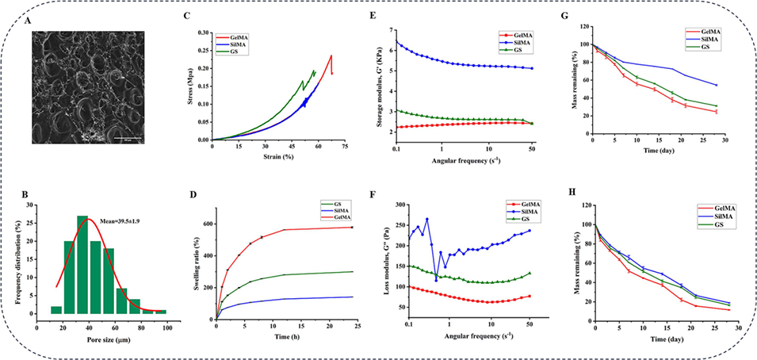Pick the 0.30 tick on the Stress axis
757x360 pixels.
[x=205, y=33]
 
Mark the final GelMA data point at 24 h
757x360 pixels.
[x=351, y=228]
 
